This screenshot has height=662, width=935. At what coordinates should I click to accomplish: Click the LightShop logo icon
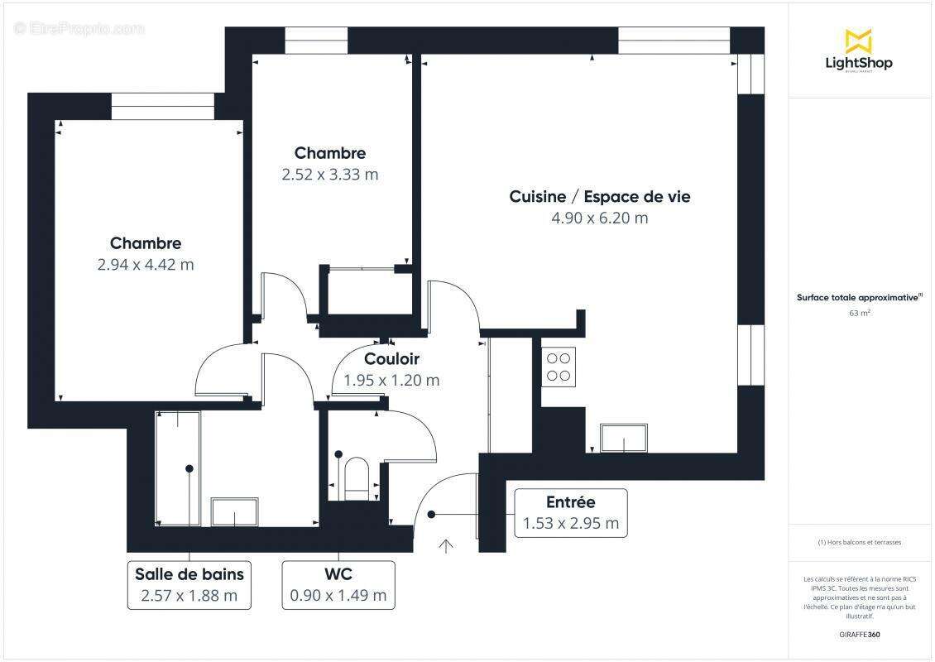click(x=858, y=41)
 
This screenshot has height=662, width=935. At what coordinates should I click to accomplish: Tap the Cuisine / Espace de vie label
click(x=599, y=197)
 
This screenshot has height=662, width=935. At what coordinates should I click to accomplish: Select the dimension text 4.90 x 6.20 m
click(x=599, y=218)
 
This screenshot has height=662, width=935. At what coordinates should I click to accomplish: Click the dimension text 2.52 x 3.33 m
click(x=329, y=175)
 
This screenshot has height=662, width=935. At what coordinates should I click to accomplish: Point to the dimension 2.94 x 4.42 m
click(x=146, y=265)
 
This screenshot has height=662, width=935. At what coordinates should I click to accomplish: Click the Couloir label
click(x=391, y=359)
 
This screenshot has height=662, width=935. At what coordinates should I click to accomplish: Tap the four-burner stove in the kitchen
click(x=559, y=367)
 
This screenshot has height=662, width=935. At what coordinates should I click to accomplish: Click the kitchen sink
click(x=624, y=438)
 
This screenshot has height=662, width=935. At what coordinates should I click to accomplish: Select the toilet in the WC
click(x=357, y=477)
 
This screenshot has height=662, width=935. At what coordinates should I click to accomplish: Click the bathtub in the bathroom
click(x=178, y=468)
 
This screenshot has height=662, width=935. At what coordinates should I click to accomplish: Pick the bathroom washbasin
click(x=235, y=511)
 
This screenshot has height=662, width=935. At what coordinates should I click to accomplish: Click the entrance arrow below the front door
click(x=446, y=545)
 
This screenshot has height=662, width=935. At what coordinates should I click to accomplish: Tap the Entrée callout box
click(x=570, y=513)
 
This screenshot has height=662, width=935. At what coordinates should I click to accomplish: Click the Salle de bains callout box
click(x=189, y=585)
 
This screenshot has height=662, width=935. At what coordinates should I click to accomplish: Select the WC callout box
click(x=338, y=585)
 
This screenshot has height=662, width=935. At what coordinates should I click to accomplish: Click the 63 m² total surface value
click(x=860, y=314)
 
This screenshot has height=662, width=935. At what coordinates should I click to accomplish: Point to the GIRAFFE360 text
click(x=860, y=634)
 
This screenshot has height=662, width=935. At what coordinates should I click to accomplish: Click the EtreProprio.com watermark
click(x=79, y=29)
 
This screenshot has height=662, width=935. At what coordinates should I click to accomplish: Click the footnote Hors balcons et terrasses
click(x=860, y=542)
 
